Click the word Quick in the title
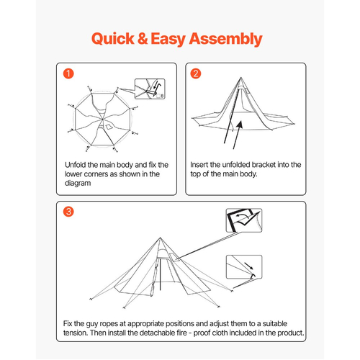113,39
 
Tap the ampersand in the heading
143,38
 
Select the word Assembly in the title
225,40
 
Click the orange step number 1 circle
68,73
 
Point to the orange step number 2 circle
196,73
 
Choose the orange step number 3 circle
68,212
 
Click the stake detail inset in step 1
150,89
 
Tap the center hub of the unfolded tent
102,119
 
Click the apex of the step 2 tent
240,78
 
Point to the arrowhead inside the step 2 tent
240,125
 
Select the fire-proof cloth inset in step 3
244,220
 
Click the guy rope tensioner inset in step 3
244,267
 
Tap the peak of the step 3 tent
160,238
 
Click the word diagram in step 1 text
78,184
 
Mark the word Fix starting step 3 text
68,323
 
